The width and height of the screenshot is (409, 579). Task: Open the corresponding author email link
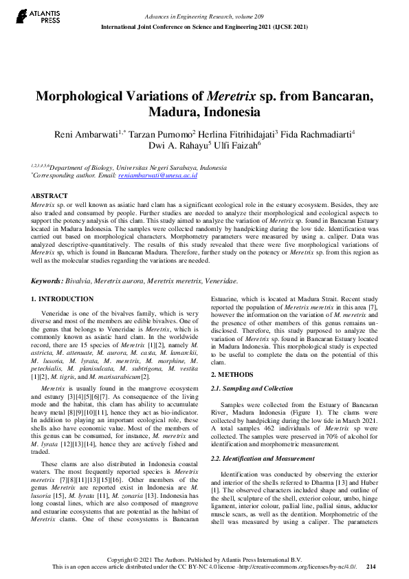(157, 176)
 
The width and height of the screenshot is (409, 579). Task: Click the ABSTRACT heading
(50, 196)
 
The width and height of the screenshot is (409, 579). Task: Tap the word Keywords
(47, 281)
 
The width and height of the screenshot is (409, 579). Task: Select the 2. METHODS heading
(232, 375)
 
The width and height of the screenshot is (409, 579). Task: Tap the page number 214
(371, 566)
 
